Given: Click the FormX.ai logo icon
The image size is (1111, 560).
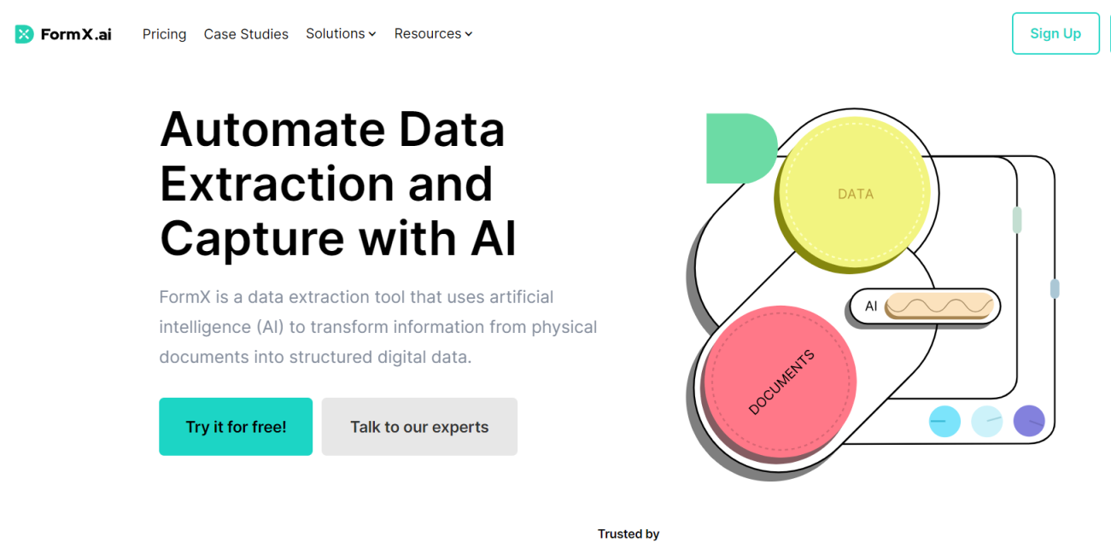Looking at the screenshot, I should coord(24,34).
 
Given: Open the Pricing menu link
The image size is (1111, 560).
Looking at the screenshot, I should coord(164,34).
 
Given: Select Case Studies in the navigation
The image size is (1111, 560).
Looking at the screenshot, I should coord(246,34).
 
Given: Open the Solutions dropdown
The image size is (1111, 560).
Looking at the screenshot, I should coord(341,34).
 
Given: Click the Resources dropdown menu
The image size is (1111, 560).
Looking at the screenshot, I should coord(433,34).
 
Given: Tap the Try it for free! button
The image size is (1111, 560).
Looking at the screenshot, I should coord(236,427).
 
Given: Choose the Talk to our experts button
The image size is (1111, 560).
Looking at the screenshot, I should coord(419,427).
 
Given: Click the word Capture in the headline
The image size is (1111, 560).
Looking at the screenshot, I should coord(252,238).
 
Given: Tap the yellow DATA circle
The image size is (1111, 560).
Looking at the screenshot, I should coord(855,194).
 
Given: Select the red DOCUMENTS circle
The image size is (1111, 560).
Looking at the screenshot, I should coord(780,382).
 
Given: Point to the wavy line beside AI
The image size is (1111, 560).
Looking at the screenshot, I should coord(939,306).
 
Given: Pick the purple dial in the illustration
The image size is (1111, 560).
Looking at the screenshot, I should coord(1029,421).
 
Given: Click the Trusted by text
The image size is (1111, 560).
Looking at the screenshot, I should coord(629,534).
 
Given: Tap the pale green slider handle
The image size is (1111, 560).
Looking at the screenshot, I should coord(1017,219).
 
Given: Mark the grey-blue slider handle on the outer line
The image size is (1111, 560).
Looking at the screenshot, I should coord(1055,289).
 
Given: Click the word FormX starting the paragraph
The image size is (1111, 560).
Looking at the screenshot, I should coord(185,297).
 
